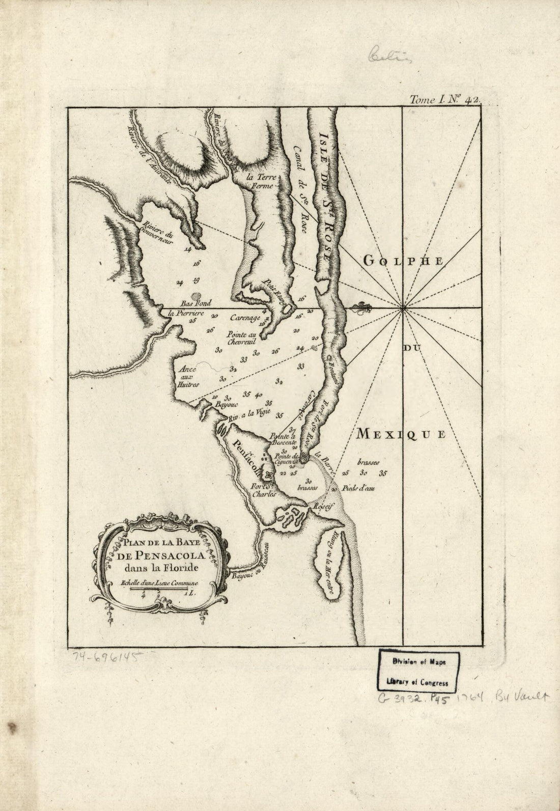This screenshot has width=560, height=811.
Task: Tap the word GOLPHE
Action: click(404, 261)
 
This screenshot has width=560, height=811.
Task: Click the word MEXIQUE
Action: click(401, 434)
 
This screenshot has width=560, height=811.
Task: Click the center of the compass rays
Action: click(403, 307)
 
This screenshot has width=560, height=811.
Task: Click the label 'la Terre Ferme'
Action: click(260, 182)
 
